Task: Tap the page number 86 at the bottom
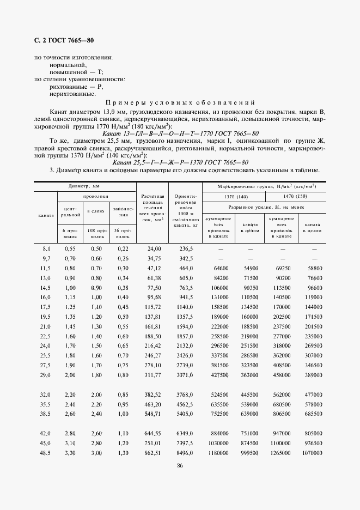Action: click(x=179, y=464)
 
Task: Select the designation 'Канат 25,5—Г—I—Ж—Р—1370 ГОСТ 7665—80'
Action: click(x=180, y=162)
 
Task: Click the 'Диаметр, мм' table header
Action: click(x=85, y=186)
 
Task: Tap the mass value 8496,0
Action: click(x=185, y=453)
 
